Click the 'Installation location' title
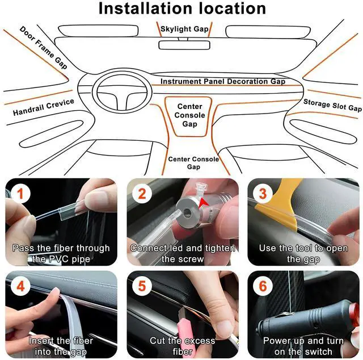click(x=181, y=9)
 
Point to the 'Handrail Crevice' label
click(x=44, y=107)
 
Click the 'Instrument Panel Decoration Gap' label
click(x=222, y=82)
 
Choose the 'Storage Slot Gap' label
click(x=332, y=105)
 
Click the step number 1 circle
click(x=21, y=194)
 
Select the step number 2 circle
click(x=142, y=194)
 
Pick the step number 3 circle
click(x=262, y=194)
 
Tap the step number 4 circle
click(x=21, y=286)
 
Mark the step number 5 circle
click(x=142, y=286)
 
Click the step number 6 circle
click(x=262, y=286)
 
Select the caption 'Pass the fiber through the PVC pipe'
click(x=61, y=253)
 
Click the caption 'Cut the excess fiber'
click(x=182, y=346)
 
